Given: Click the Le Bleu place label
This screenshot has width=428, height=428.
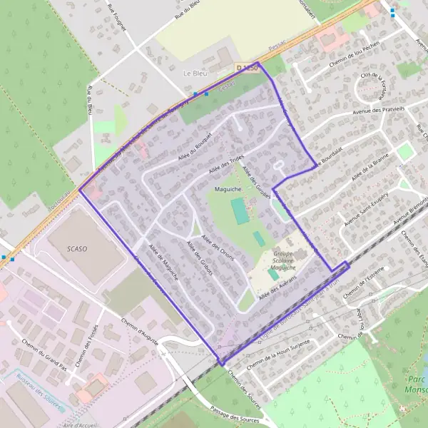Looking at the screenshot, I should pos(195,73).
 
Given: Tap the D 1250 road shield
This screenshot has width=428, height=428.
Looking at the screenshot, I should pos(246,67).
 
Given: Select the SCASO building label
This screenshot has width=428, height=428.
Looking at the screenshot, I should pos(77,248).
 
